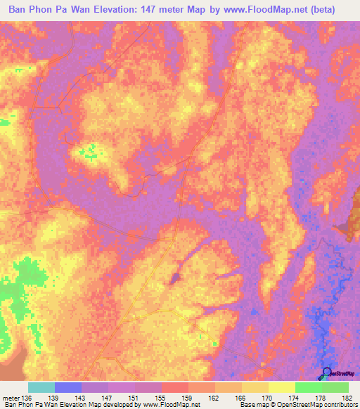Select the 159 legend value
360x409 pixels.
(x=188, y=398)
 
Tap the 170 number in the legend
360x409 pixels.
(x=269, y=398)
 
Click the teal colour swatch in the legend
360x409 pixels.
(x=41, y=388)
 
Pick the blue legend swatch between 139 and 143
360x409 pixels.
(x=68, y=388)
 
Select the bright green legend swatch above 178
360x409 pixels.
(x=308, y=388)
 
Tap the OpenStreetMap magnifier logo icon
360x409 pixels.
(x=326, y=373)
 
